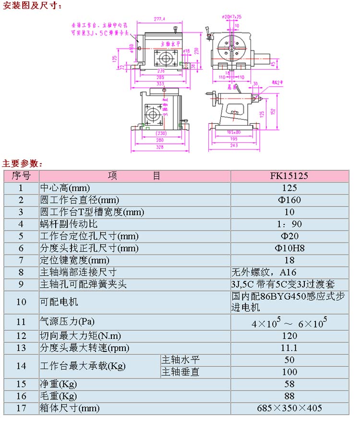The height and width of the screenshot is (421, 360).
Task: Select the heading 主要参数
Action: click(x=23, y=163)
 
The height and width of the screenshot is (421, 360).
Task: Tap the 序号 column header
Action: click(x=21, y=175)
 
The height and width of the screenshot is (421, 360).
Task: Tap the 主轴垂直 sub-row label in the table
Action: click(x=180, y=372)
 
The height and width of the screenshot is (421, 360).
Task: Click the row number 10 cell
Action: click(x=21, y=302)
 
